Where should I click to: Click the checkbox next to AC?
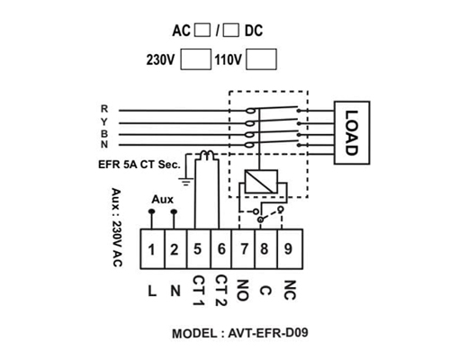point(202,31)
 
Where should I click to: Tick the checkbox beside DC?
point(231,31)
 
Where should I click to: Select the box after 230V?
point(195,59)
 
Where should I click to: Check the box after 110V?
point(261,59)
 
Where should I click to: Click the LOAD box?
point(352,133)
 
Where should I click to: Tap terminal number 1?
point(152,249)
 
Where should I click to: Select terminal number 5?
point(199,249)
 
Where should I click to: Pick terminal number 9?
point(290,249)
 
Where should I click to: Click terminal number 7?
point(243,249)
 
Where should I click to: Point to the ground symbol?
point(186,182)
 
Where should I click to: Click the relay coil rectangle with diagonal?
point(261,182)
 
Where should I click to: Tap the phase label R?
point(104,109)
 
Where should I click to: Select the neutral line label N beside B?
point(104,144)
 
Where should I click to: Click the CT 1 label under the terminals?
point(198,291)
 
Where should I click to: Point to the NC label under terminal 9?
point(290,290)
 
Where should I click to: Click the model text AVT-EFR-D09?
point(268,333)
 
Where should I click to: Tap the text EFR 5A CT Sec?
point(139,165)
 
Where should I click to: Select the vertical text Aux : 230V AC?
point(116,228)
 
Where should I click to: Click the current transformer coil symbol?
point(207,155)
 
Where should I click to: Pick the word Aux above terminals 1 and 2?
point(162,199)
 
